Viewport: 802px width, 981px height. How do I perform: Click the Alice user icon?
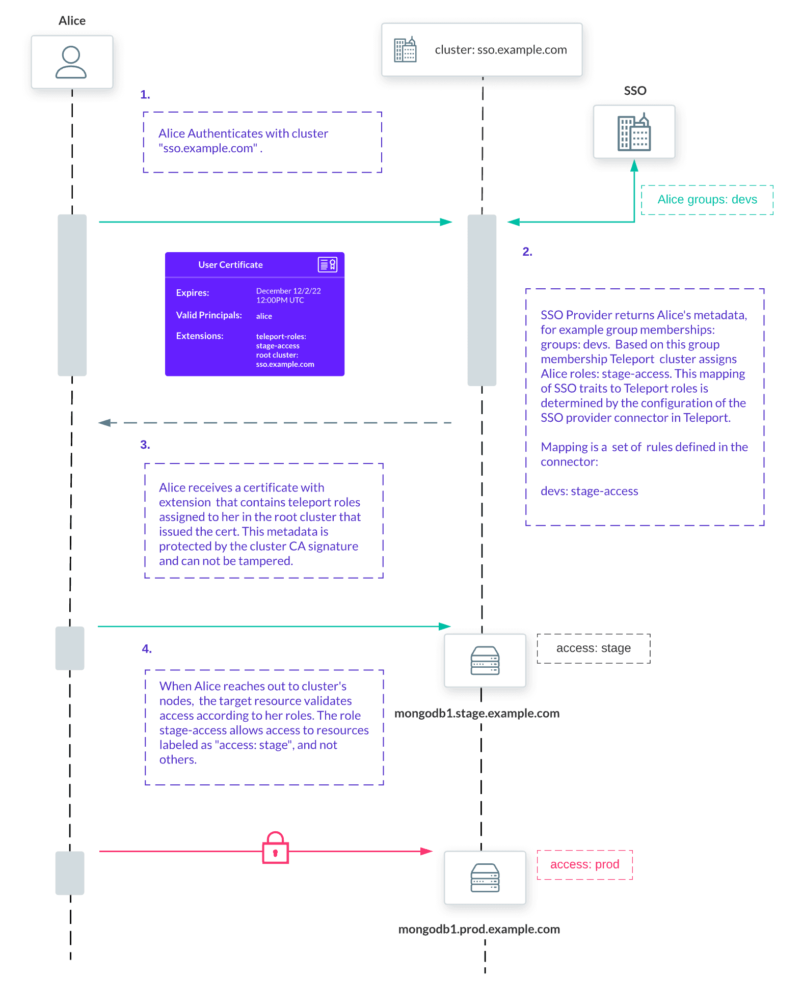click(x=71, y=62)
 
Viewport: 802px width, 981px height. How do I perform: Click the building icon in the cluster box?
click(x=405, y=50)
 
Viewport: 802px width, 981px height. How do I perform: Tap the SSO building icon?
click(x=634, y=132)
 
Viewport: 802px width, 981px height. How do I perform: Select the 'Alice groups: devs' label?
click(x=707, y=200)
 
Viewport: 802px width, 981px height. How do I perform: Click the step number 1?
click(x=145, y=95)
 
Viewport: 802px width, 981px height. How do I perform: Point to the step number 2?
click(x=527, y=252)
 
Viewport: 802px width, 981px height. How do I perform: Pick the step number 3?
click(x=145, y=445)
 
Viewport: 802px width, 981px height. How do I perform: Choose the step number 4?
click(x=147, y=649)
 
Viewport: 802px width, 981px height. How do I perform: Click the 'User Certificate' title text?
click(x=230, y=265)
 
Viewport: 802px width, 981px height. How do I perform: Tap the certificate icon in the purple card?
click(x=327, y=264)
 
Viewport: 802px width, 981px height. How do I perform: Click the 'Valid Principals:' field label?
click(x=209, y=315)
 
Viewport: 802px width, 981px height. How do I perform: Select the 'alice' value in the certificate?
click(x=264, y=316)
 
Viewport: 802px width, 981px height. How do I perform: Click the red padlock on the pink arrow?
click(x=275, y=849)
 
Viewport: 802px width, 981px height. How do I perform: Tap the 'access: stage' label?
click(x=593, y=648)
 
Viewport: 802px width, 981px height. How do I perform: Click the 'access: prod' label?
click(x=584, y=864)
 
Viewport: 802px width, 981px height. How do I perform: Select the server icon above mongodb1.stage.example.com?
click(x=485, y=661)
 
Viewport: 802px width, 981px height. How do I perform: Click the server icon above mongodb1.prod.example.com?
click(x=485, y=878)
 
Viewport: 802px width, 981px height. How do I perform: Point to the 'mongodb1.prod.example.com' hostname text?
click(x=478, y=929)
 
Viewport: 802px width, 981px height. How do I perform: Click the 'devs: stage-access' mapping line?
click(x=589, y=491)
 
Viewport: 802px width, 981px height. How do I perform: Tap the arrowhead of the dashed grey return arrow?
click(x=104, y=423)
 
